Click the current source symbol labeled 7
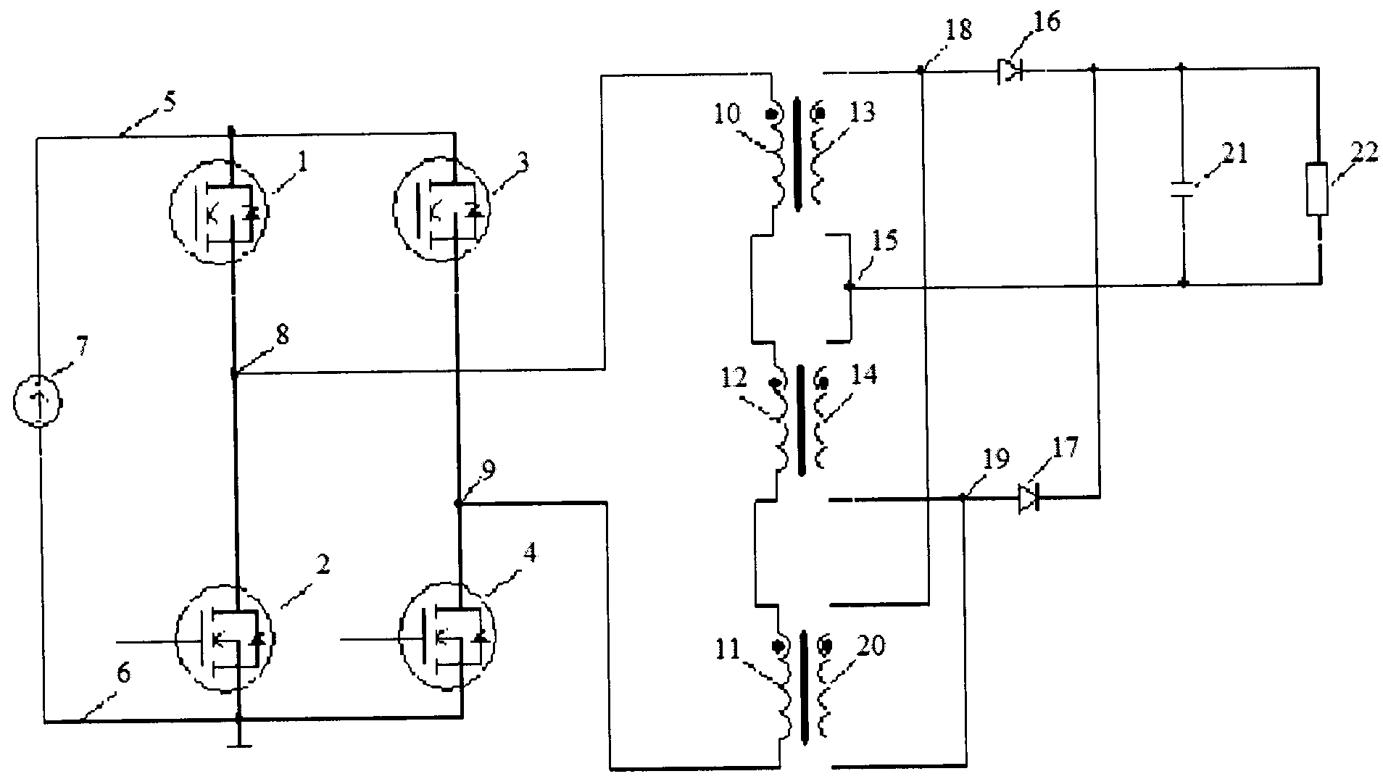click(38, 400)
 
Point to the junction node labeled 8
click(234, 374)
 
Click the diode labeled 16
click(1009, 70)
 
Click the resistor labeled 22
click(1317, 189)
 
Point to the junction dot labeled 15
click(850, 287)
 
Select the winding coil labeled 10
click(776, 157)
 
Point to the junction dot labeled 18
click(921, 70)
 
